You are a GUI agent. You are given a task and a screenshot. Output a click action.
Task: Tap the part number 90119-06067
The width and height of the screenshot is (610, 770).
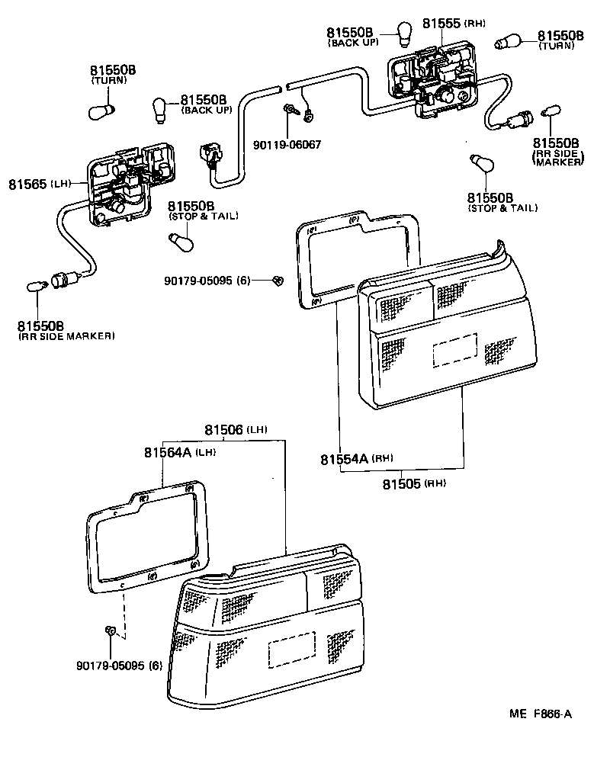pyautogui.click(x=287, y=144)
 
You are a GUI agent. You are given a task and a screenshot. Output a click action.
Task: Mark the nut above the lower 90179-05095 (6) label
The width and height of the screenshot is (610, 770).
pyautogui.click(x=110, y=631)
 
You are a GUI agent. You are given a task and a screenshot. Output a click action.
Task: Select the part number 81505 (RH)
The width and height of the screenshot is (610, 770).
pyautogui.click(x=413, y=483)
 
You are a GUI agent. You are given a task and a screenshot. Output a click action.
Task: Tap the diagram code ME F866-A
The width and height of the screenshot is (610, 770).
pyautogui.click(x=541, y=714)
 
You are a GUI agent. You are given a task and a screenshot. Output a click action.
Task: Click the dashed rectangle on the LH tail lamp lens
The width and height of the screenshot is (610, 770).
pyautogui.click(x=291, y=650)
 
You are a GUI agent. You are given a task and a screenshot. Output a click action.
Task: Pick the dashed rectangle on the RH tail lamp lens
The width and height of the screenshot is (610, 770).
pyautogui.click(x=455, y=351)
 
